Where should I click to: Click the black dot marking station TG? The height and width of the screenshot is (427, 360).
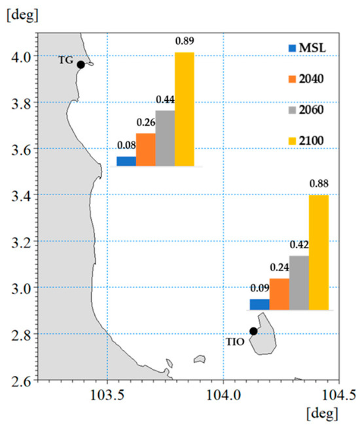pos(81,64)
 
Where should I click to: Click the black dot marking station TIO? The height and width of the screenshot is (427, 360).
pos(253,331)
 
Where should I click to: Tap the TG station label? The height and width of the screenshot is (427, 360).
pos(65,60)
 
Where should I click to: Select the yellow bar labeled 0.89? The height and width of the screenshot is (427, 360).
pos(185,109)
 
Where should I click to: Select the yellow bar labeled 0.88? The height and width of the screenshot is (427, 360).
pos(318,252)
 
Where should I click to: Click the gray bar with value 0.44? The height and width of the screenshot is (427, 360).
pos(165,138)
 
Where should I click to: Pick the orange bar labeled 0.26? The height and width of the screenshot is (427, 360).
pos(145,149)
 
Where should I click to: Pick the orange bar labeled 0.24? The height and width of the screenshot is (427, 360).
pos(279,294)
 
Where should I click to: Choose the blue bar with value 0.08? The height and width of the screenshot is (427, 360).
pos(126,160)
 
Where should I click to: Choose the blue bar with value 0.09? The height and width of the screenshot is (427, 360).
pos(260,304)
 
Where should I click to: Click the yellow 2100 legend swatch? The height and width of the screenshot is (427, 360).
pos(293,139)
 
